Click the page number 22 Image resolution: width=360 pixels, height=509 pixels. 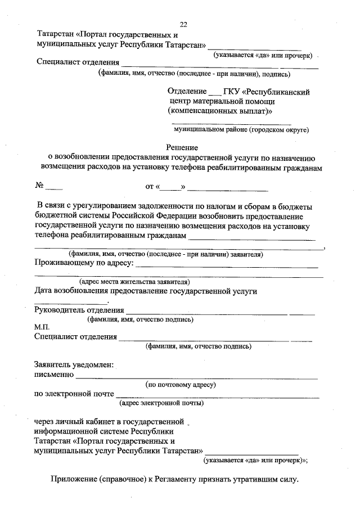click(183, 24)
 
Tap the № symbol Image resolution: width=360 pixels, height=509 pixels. click(39, 185)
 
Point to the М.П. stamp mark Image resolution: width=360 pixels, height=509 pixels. click(42, 328)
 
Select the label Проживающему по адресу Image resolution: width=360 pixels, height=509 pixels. click(84, 263)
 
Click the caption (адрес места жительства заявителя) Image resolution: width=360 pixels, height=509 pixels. click(134, 281)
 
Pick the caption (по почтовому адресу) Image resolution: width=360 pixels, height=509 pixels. click(181, 385)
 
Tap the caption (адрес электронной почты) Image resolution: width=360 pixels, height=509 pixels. click(161, 403)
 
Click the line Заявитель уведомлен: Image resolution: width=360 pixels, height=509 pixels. click(74, 364)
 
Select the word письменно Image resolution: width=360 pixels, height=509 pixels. click(54, 375)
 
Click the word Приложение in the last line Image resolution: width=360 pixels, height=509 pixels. click(76, 480)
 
